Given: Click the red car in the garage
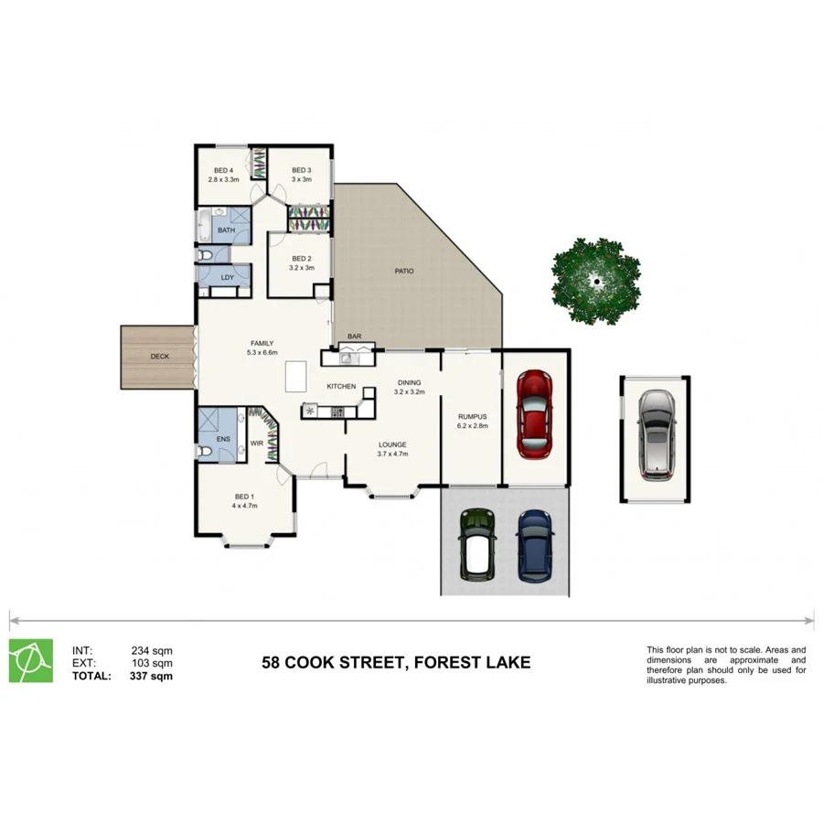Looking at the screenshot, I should pyautogui.click(x=534, y=413).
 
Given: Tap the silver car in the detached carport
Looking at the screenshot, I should pyautogui.click(x=655, y=434).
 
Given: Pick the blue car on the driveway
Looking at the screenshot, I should pyautogui.click(x=535, y=545).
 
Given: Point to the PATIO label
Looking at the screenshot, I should pyautogui.click(x=403, y=272).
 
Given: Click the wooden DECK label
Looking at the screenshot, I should pyautogui.click(x=159, y=356).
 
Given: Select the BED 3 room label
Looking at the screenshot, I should pyautogui.click(x=302, y=171).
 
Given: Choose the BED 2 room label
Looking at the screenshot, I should pyautogui.click(x=302, y=258).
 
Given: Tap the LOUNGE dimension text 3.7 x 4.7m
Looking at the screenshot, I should pyautogui.click(x=392, y=454).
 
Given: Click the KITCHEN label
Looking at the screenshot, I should pyautogui.click(x=341, y=387).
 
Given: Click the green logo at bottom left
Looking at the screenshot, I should pyautogui.click(x=28, y=660).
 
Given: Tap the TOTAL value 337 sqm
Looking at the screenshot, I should pyautogui.click(x=152, y=677).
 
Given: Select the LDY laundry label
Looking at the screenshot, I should pyautogui.click(x=226, y=277).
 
